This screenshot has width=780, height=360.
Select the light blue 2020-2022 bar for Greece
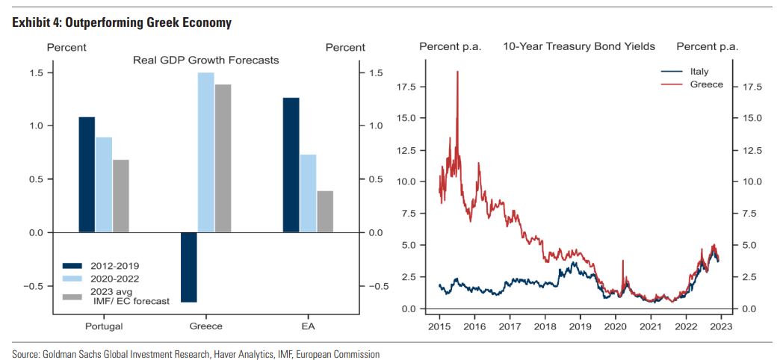tap(205, 152)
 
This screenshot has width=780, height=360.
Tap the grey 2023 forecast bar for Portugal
tap(121, 196)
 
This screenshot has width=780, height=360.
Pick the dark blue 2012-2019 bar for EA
tap(291, 165)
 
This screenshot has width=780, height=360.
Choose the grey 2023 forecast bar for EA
tap(325, 211)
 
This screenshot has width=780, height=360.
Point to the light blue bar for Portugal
tap(104, 184)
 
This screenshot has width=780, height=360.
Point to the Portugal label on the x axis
tap(104, 326)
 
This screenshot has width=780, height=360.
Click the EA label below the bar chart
tap(308, 326)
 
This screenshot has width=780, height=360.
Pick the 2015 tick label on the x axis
tap(439, 326)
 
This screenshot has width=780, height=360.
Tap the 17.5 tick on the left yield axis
tap(404, 87)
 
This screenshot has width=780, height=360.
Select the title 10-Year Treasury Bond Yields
tap(578, 46)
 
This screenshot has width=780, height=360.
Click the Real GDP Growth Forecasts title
tap(205, 60)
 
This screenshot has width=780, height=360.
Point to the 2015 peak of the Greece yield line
tap(457, 72)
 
